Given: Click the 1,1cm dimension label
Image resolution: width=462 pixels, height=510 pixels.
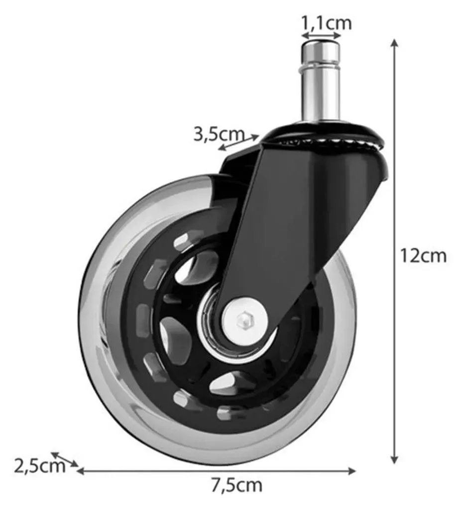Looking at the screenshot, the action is [327, 23].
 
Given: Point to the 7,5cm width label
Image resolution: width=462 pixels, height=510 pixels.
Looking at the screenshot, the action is [236, 485].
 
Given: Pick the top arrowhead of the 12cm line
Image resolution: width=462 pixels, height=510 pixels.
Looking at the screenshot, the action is [394, 43].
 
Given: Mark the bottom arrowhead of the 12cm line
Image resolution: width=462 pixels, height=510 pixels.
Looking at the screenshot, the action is [394, 459].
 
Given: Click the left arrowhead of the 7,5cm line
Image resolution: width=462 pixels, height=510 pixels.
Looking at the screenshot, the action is [80, 471].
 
